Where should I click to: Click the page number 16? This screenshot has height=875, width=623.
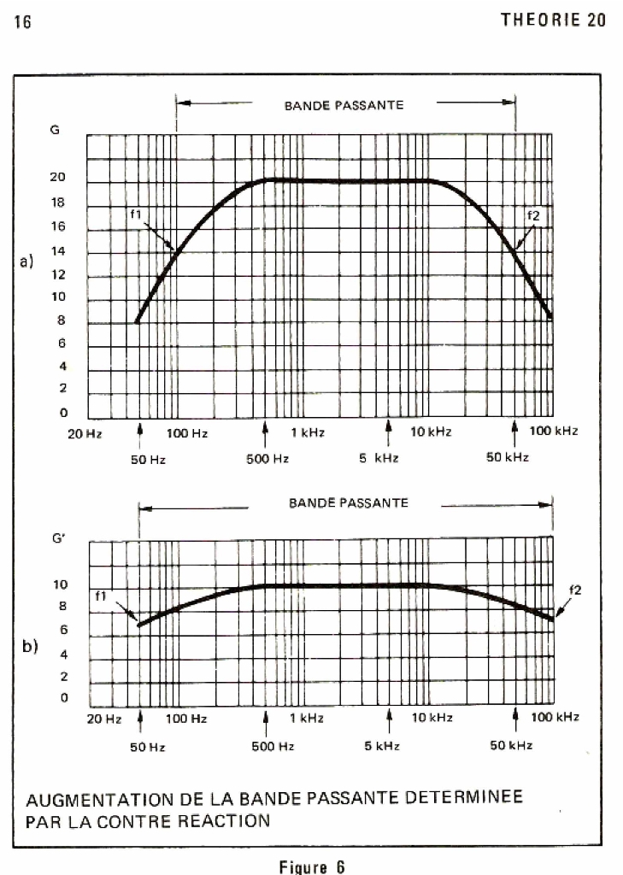pos(22,22)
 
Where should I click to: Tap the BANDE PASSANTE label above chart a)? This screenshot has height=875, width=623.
pos(344,106)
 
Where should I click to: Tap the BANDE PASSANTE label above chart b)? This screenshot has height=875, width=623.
pos(349,503)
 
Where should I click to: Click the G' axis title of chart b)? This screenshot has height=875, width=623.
pos(58,540)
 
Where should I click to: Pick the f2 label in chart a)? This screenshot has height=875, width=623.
pos(534,216)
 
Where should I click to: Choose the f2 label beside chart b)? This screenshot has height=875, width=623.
pos(573,589)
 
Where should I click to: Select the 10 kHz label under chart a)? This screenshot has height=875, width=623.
pos(431,432)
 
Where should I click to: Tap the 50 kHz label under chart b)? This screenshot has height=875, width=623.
pos(511,746)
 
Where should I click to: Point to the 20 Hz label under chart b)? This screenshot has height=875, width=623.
pos(104,719)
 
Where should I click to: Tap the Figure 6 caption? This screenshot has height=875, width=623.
pos(312,866)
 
